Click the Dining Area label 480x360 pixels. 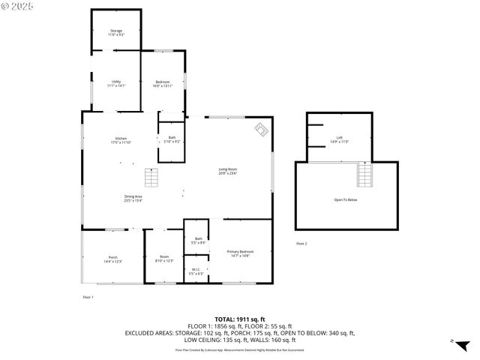coord(133,198)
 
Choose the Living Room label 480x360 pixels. coord(228,172)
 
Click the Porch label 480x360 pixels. coord(112,259)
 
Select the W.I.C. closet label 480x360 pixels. coord(195,271)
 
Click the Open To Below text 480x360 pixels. coord(346,199)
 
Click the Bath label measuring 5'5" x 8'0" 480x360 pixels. coord(198,241)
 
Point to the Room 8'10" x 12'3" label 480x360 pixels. coord(164,259)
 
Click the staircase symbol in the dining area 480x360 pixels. coord(152,177)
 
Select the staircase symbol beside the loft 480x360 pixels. coord(364,175)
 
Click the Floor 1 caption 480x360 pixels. coord(88,298)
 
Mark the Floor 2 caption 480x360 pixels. coord(301,244)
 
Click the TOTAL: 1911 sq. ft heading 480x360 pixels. coord(240,319)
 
